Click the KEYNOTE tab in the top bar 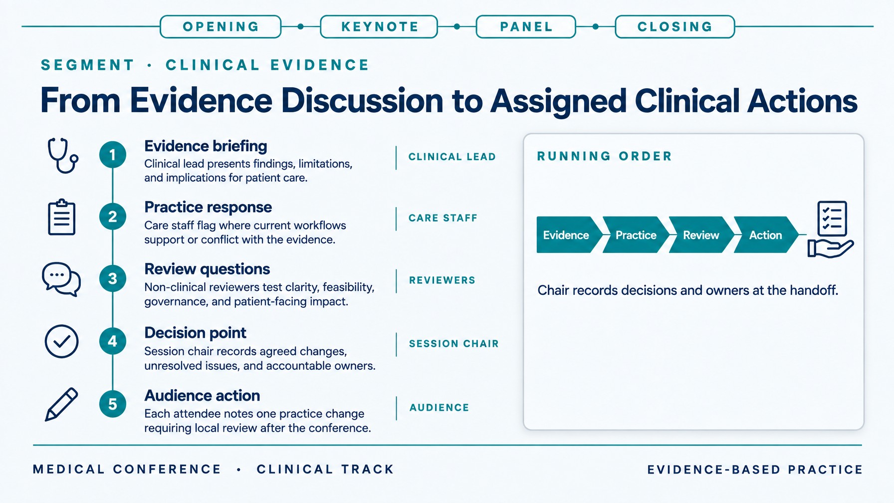click(379, 27)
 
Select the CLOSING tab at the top click(675, 27)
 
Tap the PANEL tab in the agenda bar click(526, 27)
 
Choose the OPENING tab click(221, 27)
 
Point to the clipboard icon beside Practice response click(62, 217)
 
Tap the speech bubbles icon click(61, 279)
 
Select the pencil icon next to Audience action click(61, 404)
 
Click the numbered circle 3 click(113, 278)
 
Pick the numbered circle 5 click(113, 404)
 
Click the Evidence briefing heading click(206, 146)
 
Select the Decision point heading click(195, 333)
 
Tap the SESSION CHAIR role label click(453, 344)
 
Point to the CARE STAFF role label click(443, 218)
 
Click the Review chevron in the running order click(701, 235)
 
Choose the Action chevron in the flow click(766, 235)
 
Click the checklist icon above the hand click(832, 218)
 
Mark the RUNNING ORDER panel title click(605, 156)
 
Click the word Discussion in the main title click(362, 101)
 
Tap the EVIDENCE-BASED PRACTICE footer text click(755, 470)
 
